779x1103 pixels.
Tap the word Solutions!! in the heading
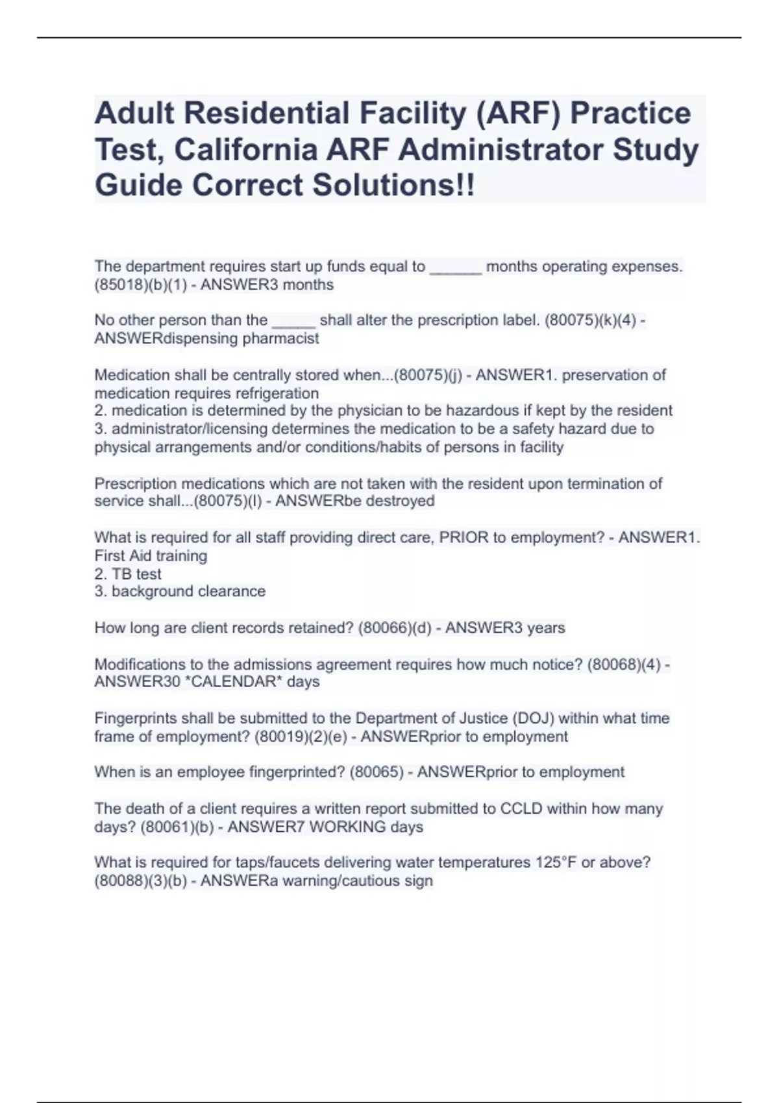click(x=393, y=185)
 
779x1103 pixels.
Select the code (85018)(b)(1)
click(x=140, y=285)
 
